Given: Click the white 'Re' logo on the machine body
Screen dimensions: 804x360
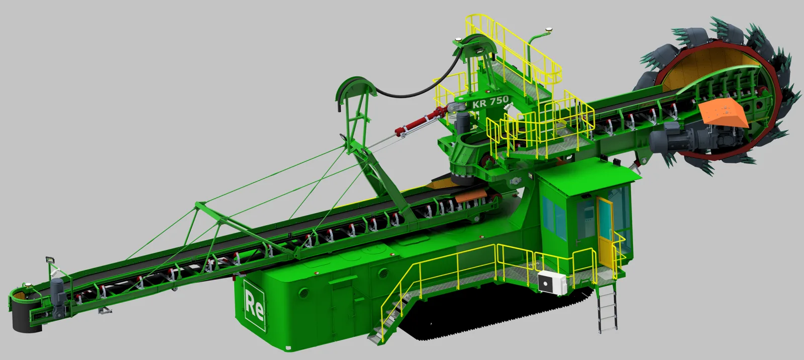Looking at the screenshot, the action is coord(254,305).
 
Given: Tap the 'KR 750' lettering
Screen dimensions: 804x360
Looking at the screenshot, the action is coord(490,102).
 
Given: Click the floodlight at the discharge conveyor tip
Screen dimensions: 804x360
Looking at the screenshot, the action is coord(49,260).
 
